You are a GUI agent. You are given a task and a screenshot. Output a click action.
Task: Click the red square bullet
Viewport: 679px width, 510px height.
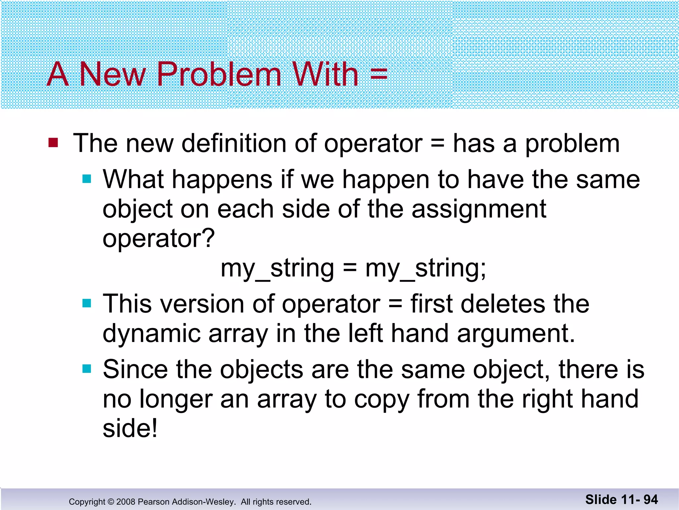pyautogui.click(x=53, y=143)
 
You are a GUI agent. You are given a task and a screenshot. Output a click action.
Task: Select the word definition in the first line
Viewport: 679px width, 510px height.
pyautogui.click(x=234, y=143)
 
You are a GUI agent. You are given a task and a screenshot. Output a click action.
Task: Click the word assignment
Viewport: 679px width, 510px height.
pyautogui.click(x=479, y=210)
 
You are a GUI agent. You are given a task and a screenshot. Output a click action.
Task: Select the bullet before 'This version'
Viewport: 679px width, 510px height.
pyautogui.click(x=87, y=303)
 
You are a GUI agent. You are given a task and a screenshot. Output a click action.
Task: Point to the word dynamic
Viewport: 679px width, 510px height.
pyautogui.click(x=152, y=334)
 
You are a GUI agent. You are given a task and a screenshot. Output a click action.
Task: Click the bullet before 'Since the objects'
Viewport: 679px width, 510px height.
pyautogui.click(x=87, y=369)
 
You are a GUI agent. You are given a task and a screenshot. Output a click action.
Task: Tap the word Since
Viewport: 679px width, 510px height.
pyautogui.click(x=135, y=369)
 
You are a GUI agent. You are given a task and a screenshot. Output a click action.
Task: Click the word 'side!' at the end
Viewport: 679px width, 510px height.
pyautogui.click(x=130, y=428)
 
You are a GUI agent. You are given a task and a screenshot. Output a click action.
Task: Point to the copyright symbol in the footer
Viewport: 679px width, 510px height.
pyautogui.click(x=111, y=502)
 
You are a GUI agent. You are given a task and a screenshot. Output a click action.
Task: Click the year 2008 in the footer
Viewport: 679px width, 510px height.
pyautogui.click(x=126, y=502)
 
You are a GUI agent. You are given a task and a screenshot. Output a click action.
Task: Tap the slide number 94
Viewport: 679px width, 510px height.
pyautogui.click(x=650, y=500)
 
